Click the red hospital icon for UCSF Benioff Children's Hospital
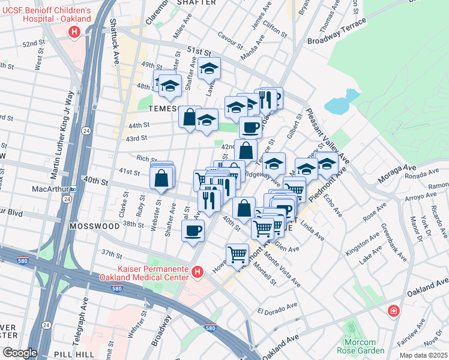(74, 32)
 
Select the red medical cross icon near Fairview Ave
(393, 311)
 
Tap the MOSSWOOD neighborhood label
(94, 227)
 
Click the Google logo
(20, 353)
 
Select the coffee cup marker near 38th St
(193, 231)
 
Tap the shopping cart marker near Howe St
(238, 254)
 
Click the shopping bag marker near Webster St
(161, 178)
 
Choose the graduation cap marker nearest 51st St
(209, 69)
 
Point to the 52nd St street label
(34, 44)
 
